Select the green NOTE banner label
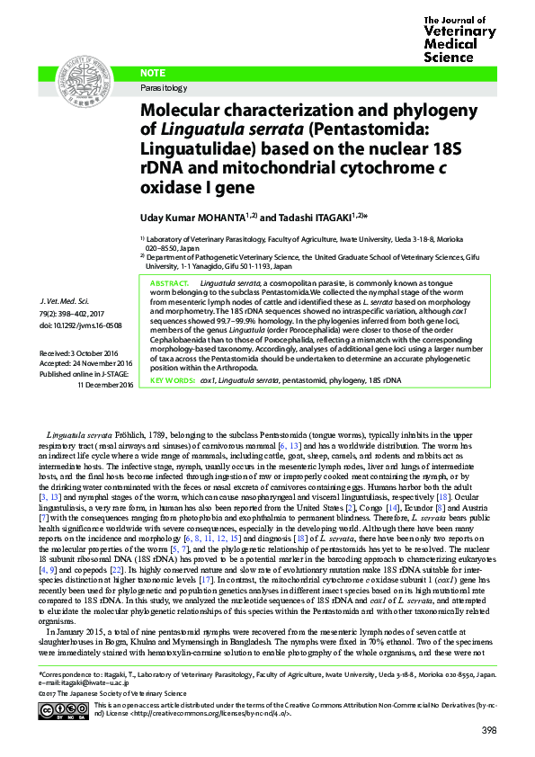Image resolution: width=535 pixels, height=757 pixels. (154, 73)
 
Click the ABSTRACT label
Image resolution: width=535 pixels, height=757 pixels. (169, 283)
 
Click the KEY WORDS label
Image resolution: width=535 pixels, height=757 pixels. (172, 381)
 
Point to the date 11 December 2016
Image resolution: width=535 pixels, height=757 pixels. (105, 384)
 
